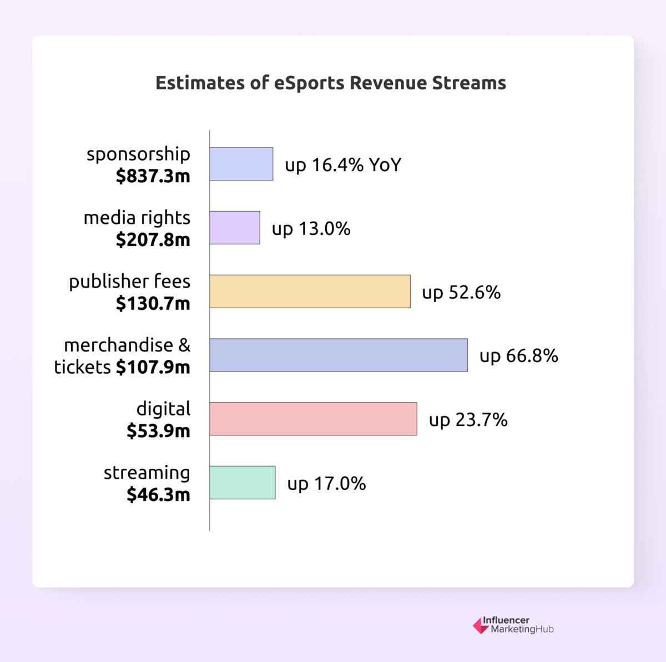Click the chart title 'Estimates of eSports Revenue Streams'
tap(331, 83)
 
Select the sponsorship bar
tap(241, 164)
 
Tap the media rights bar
tap(235, 228)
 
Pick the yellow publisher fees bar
tap(310, 292)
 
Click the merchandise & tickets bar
tap(339, 355)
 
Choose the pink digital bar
tap(314, 419)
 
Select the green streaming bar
tap(243, 483)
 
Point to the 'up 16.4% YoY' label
tap(343, 165)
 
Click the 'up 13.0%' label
tap(311, 229)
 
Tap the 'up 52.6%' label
tap(461, 293)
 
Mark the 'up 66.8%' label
tap(518, 356)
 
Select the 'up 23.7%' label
tap(468, 420)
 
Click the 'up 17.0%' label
tap(326, 484)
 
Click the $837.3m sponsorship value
tap(153, 176)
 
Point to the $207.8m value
tap(153, 240)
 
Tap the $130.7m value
tap(153, 304)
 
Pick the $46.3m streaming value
tap(158, 494)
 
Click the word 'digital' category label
tap(163, 409)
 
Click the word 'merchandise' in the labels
tap(118, 345)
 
